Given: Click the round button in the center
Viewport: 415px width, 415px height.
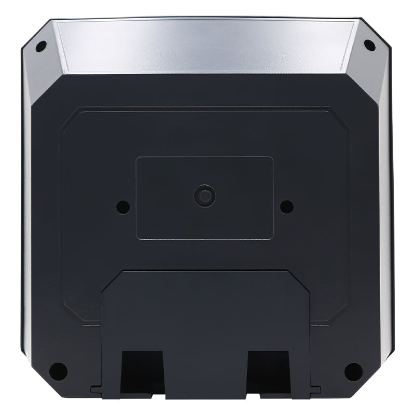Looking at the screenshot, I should pyautogui.click(x=204, y=196).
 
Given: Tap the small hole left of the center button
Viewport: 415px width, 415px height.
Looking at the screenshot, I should pyautogui.click(x=122, y=206).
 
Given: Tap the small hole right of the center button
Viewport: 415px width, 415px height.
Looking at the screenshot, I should pyautogui.click(x=286, y=206).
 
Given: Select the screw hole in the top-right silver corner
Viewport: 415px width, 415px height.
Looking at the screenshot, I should pyautogui.click(x=369, y=45).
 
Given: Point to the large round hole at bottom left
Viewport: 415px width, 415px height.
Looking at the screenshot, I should pyautogui.click(x=58, y=371).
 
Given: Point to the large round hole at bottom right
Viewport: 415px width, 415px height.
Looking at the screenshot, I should pyautogui.click(x=353, y=371).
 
